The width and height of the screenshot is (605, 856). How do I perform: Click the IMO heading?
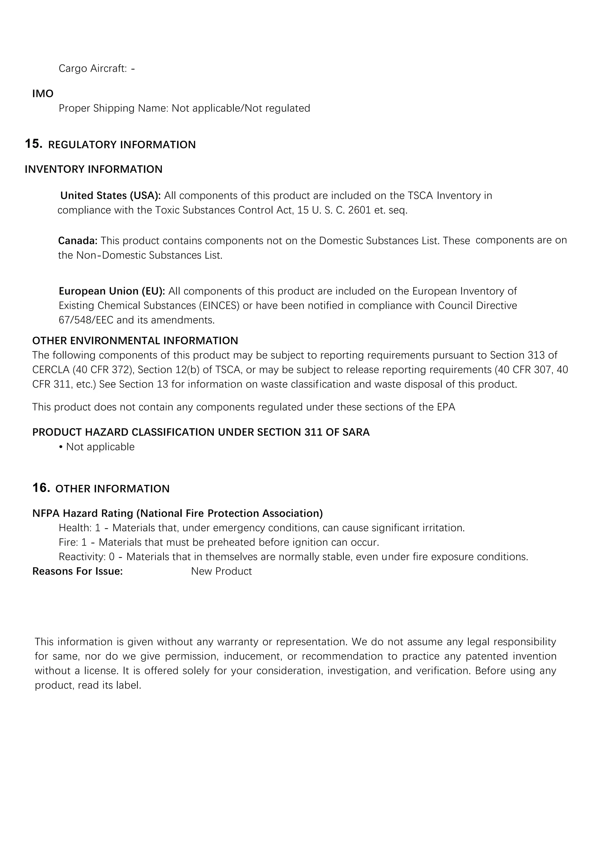click(43, 94)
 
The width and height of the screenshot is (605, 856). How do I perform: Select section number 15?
click(33, 144)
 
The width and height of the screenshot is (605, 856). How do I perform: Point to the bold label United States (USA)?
click(110, 196)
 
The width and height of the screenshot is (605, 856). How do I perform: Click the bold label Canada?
click(77, 241)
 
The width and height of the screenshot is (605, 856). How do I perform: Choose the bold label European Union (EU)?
click(112, 291)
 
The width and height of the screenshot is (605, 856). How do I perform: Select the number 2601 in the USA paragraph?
click(359, 210)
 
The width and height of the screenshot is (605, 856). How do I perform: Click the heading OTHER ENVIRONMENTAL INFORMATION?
click(135, 341)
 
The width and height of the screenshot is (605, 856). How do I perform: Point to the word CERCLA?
click(51, 370)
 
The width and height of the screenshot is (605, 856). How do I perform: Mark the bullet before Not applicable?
click(61, 447)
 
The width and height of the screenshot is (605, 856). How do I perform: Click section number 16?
click(41, 488)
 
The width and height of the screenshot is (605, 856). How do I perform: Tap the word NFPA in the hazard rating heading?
click(46, 513)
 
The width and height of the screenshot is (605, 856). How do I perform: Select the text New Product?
click(221, 572)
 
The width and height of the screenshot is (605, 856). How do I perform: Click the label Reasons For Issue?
click(77, 572)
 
